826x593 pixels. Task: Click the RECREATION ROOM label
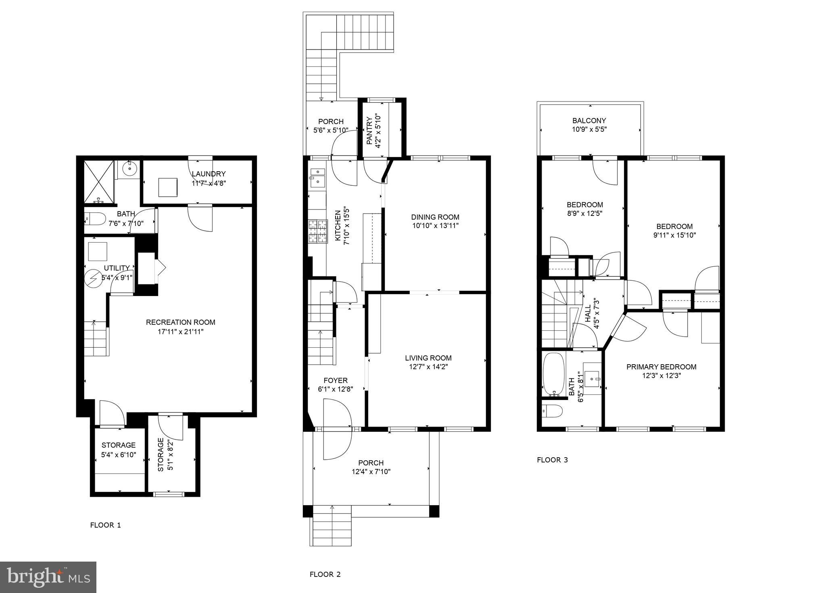[180, 322]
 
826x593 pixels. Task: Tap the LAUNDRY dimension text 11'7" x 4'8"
[209, 183]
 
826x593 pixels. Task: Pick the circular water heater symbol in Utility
[93, 278]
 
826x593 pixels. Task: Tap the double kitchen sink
[317, 177]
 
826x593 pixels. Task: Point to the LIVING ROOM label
[428, 358]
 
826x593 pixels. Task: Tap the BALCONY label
[589, 120]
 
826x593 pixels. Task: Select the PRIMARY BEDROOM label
[661, 367]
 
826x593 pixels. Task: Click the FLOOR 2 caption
[325, 574]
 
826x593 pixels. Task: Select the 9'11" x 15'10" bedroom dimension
[674, 235]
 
